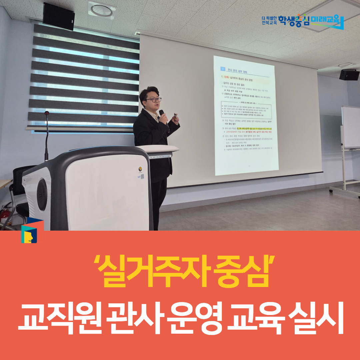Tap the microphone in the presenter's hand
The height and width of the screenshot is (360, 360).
[162, 115]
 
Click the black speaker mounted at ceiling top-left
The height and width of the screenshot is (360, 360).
[59, 16]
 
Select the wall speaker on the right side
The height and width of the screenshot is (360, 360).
[349, 75]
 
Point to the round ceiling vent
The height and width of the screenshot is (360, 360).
[102, 10]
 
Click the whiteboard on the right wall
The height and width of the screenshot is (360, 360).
[351, 127]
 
